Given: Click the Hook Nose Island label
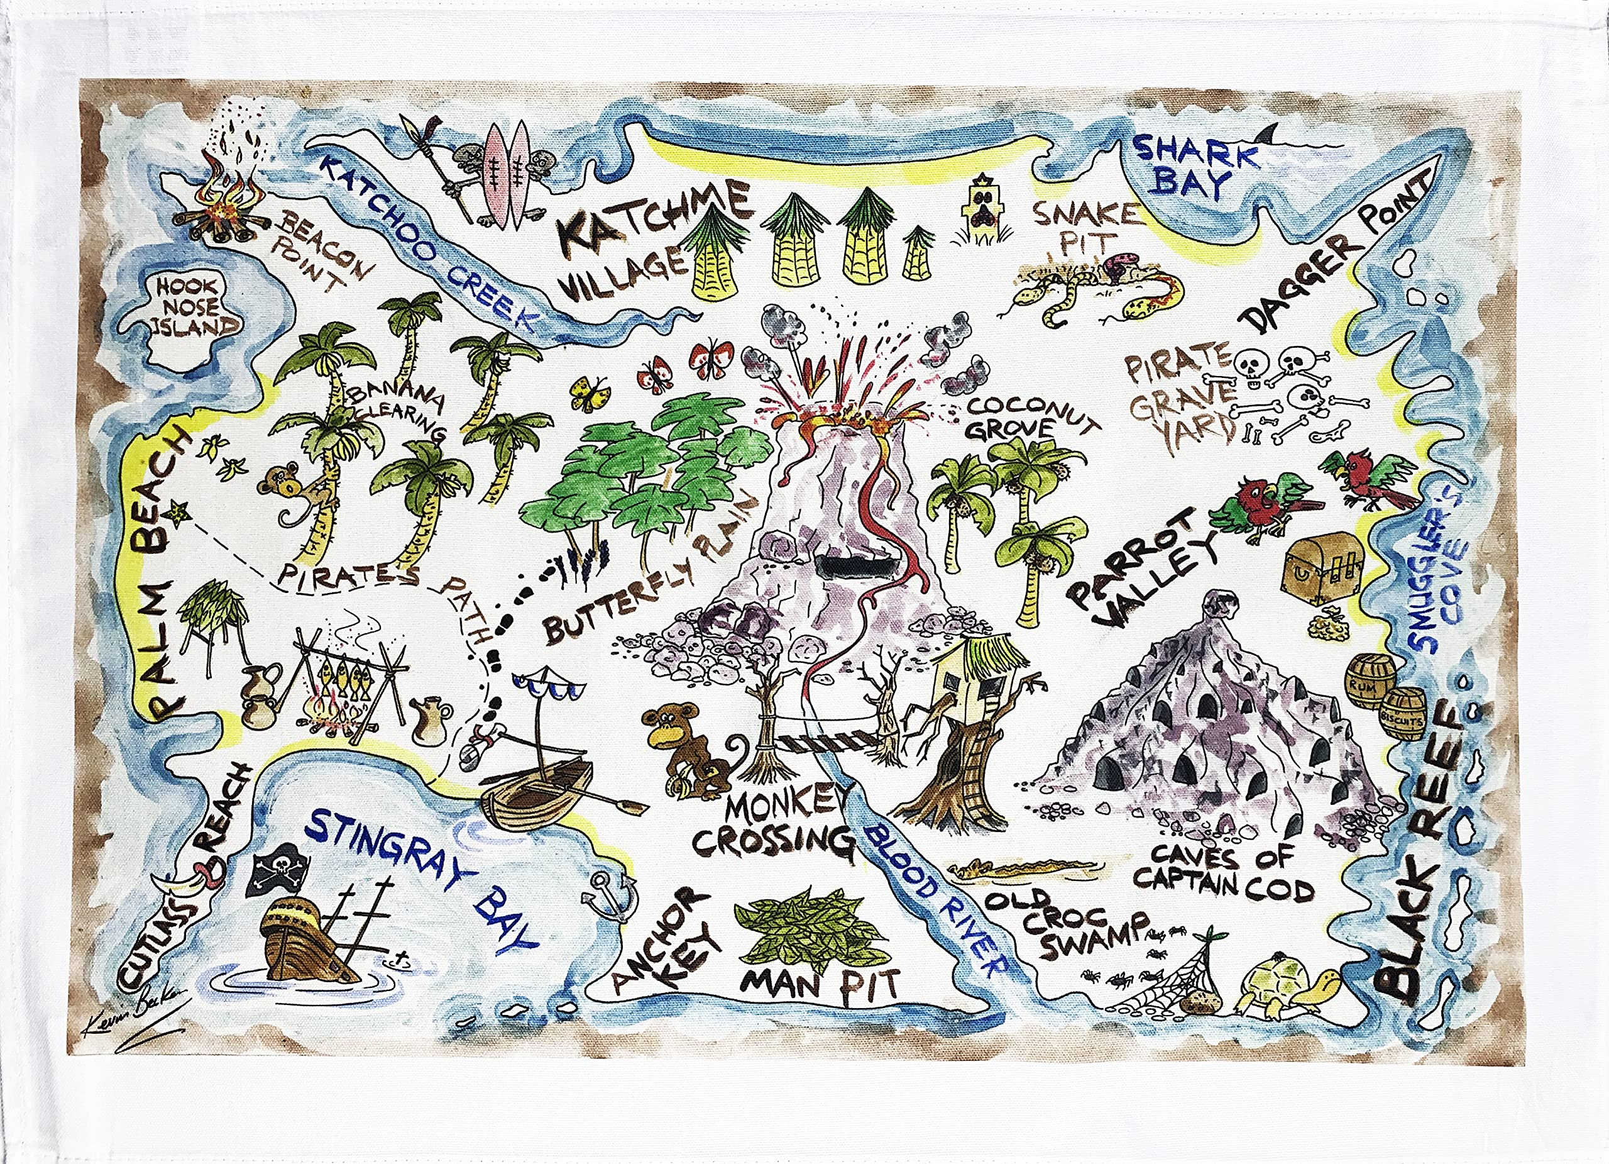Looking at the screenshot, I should pyautogui.click(x=187, y=307).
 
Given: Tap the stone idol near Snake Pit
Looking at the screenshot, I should pyautogui.click(x=982, y=213).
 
